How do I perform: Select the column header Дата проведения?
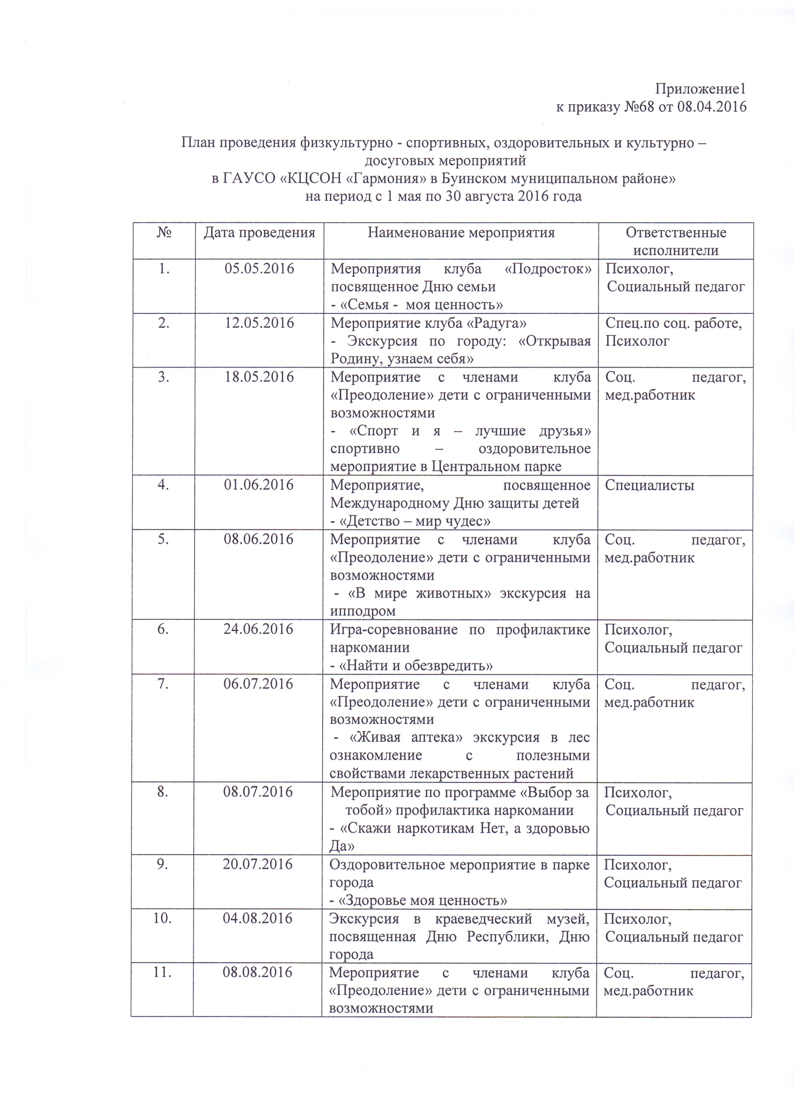coord(259,233)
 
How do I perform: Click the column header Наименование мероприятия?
coord(461,233)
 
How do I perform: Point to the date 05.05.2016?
coord(259,269)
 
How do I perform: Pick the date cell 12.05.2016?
coord(259,323)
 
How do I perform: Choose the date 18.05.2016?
coord(259,377)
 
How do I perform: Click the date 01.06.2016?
coord(259,485)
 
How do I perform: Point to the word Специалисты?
coord(650,485)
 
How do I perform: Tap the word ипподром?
coord(363,611)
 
